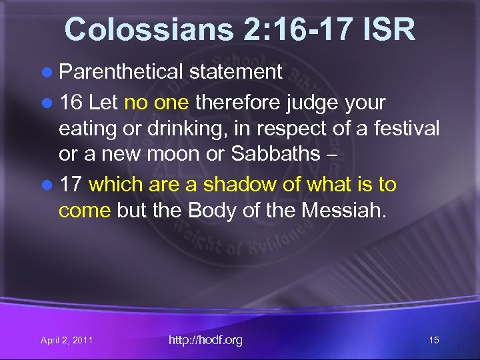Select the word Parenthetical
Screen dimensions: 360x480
[121, 72]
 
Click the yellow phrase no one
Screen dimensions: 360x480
[155, 103]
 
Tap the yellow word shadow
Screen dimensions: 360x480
[236, 184]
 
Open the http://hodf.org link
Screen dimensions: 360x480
[205, 340]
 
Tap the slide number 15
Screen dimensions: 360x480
[433, 341]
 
